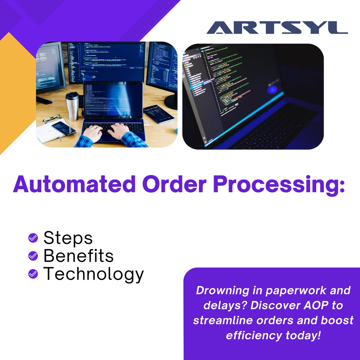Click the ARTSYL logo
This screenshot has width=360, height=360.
277,28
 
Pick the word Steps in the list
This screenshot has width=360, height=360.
68,238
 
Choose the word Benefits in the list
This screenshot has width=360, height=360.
79,256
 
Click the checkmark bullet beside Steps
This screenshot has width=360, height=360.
33,238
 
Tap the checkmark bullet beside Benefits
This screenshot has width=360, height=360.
33,256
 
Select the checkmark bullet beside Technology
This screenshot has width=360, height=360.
33,274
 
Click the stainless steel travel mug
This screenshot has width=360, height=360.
72,106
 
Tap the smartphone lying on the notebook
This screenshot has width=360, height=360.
64,128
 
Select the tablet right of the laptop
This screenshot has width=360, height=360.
158,114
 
